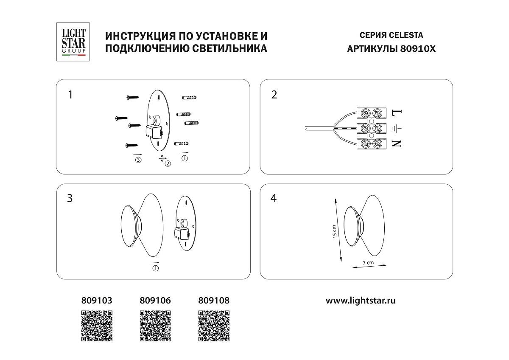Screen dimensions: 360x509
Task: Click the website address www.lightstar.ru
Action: point(361,301)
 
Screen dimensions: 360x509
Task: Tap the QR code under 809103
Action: point(97,326)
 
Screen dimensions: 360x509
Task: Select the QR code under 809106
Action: point(155,326)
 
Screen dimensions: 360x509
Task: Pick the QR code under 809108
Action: point(214,326)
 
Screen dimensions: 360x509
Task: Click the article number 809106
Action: point(155,301)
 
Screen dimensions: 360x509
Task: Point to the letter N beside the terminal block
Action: point(397,143)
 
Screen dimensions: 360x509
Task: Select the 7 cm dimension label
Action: point(369,263)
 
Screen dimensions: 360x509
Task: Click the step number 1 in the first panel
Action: point(70,95)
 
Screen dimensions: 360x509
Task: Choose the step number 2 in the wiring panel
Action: point(274,95)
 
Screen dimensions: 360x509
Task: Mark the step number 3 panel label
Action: point(70,198)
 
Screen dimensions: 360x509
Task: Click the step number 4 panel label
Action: point(274,198)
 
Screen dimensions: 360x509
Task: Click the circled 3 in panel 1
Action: point(138,160)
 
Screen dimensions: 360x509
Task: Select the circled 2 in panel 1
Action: point(168,164)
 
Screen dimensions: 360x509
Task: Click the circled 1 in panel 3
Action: point(155,268)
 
